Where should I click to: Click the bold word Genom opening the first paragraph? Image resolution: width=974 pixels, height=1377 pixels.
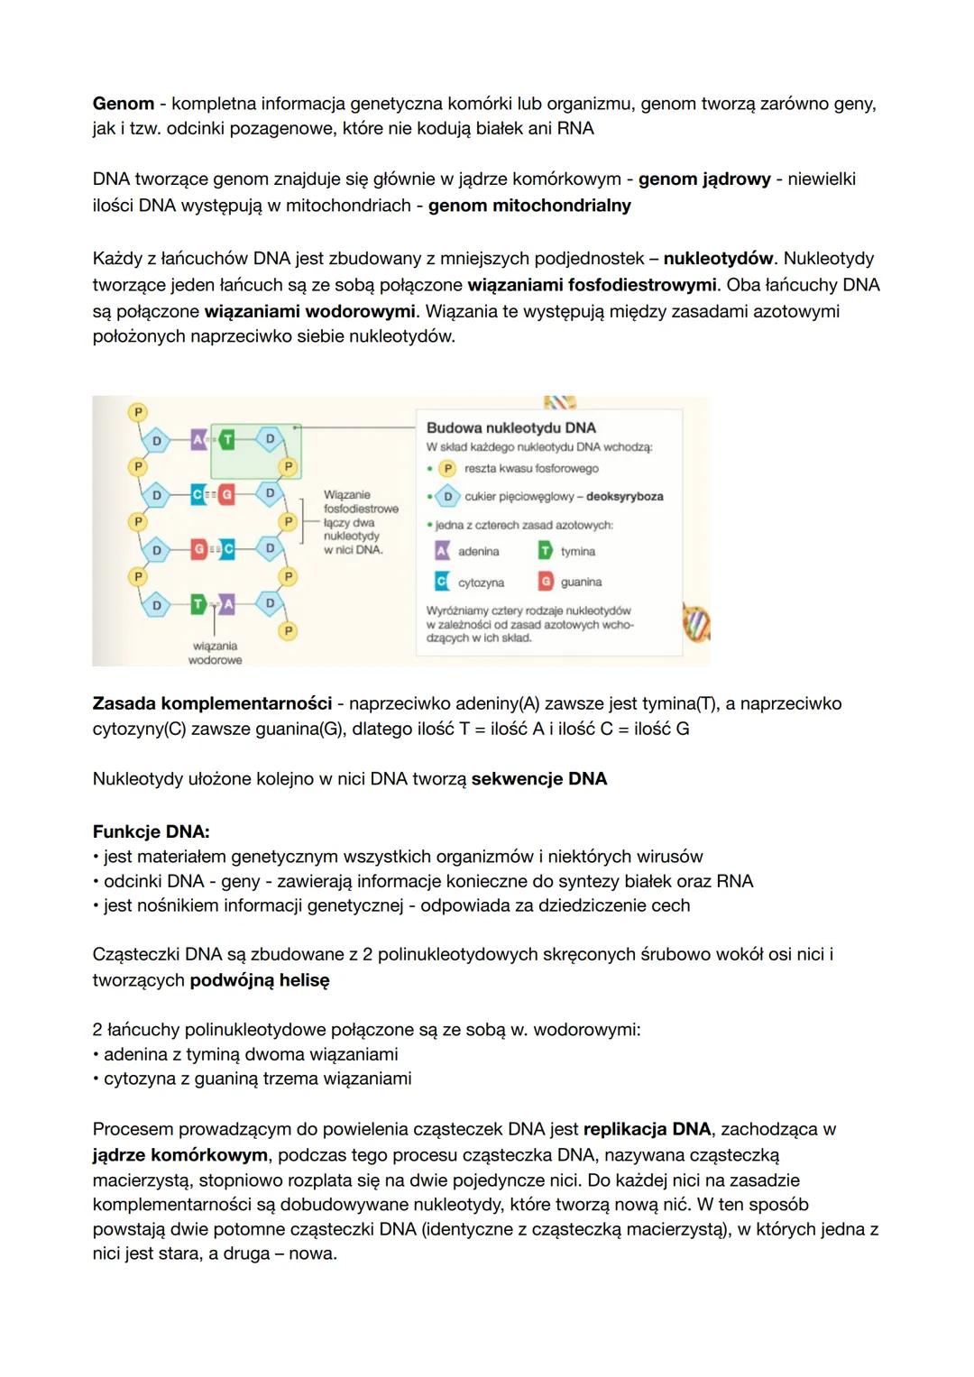pos(123,104)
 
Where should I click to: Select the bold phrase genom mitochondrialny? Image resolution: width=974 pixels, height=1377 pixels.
pos(529,206)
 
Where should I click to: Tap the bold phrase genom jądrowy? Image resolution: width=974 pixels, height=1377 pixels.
pos(704,179)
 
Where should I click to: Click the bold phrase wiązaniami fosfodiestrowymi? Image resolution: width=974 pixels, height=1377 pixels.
pos(593,285)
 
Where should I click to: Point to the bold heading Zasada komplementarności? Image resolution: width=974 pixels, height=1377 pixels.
pos(212,703)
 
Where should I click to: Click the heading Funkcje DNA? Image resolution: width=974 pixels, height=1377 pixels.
pos(151,831)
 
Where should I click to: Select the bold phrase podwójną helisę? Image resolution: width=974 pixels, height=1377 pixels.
pos(260,980)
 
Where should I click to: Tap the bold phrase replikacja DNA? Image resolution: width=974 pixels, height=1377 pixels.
pos(647,1129)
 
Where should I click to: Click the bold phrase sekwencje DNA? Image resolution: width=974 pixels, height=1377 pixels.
pos(538,779)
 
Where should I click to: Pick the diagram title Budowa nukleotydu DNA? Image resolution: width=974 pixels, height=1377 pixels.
pos(510,427)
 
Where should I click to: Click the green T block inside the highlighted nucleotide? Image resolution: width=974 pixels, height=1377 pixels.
pos(227,439)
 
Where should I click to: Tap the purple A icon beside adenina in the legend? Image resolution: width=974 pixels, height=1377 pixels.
pos(442,551)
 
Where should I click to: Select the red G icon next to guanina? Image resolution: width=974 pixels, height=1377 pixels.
pos(546,582)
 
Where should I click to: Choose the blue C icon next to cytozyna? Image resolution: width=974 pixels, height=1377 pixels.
pos(442,582)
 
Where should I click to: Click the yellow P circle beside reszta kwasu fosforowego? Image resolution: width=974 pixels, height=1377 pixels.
pos(447,469)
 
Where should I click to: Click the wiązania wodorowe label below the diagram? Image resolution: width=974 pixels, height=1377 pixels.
pos(215,653)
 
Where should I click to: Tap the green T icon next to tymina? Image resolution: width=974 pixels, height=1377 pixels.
pos(546,551)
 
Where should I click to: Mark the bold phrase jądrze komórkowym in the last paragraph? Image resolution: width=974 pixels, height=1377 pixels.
pos(179,1155)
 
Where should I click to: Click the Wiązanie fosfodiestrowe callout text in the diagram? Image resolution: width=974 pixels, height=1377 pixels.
pos(360,502)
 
